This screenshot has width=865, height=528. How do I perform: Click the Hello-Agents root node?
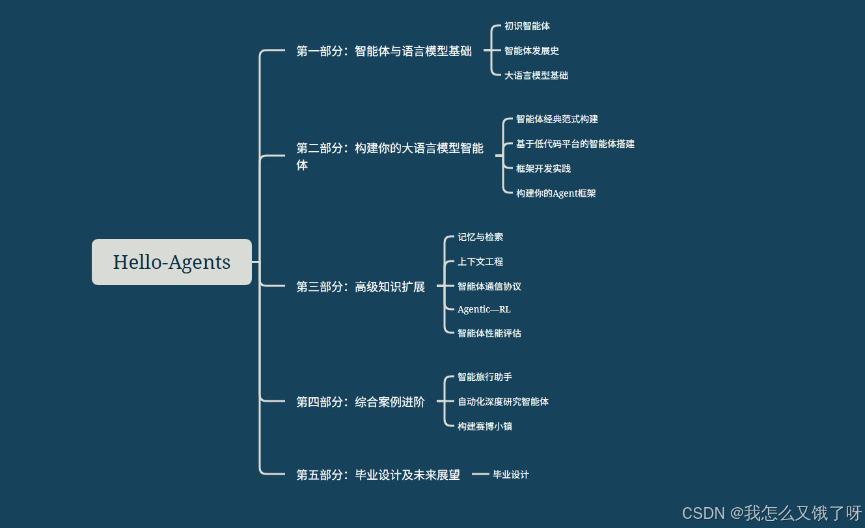[171, 262]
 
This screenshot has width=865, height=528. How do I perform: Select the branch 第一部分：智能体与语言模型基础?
[383, 51]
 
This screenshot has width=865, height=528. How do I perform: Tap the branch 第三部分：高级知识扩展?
[360, 286]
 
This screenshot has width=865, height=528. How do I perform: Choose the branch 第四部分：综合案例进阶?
[360, 402]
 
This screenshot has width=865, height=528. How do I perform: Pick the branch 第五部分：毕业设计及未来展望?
[378, 475]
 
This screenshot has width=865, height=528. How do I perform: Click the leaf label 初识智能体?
[527, 26]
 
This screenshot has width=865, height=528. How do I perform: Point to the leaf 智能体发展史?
[531, 51]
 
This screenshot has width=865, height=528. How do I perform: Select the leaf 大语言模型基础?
[536, 76]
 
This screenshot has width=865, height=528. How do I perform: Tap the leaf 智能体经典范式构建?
[556, 119]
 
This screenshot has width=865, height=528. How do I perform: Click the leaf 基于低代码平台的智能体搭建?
[575, 144]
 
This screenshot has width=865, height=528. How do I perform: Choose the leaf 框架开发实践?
[543, 169]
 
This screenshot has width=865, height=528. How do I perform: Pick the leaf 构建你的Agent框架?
[555, 193]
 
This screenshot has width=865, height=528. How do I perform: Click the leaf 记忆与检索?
[480, 237]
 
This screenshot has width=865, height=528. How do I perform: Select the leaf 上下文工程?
[480, 262]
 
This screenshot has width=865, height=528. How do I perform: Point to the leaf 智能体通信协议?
[489, 286]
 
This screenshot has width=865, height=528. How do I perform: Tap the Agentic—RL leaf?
[484, 309]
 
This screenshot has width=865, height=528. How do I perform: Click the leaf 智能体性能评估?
[489, 333]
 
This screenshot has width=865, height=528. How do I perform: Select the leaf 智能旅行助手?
[484, 377]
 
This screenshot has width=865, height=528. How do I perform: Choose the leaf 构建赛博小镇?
[484, 426]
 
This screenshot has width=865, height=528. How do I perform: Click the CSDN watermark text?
[771, 513]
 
